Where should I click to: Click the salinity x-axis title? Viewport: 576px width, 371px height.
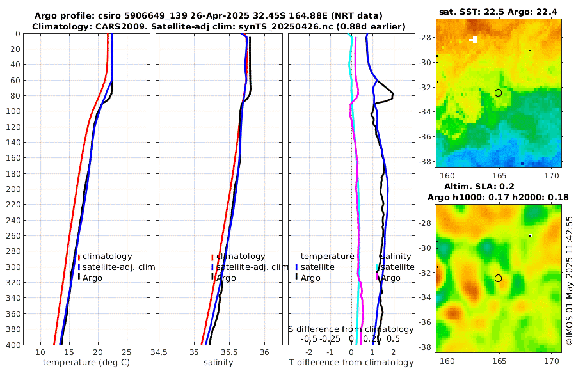click(x=218, y=363)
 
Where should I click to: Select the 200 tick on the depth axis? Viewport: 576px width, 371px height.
click(x=13, y=189)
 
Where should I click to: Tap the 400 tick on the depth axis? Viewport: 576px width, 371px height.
click(x=13, y=345)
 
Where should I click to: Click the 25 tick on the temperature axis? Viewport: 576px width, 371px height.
click(x=127, y=352)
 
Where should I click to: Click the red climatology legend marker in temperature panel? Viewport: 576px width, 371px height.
click(x=79, y=257)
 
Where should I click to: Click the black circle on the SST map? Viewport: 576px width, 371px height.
click(x=498, y=93)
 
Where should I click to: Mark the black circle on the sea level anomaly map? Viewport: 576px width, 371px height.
click(x=498, y=278)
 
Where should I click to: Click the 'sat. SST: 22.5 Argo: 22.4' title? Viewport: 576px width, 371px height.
click(x=498, y=12)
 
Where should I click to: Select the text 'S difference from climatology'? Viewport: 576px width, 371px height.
click(x=351, y=329)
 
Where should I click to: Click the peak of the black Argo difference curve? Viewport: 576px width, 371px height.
click(x=393, y=95)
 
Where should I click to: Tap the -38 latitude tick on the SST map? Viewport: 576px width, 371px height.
click(x=426, y=162)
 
